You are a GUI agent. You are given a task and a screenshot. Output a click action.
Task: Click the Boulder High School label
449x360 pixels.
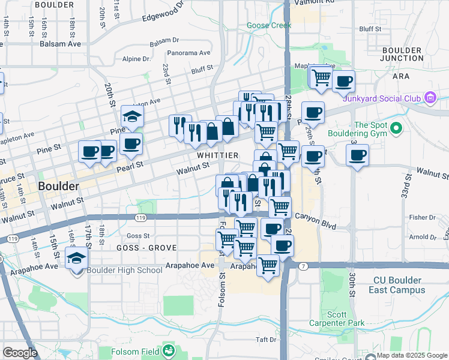click(x=125, y=270)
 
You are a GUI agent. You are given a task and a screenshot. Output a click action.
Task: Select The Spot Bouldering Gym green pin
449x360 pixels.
click(x=396, y=128)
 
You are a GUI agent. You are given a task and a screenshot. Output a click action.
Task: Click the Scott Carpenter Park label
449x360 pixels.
click(x=337, y=319)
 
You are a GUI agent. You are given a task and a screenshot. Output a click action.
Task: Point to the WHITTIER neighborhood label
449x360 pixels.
click(x=217, y=155)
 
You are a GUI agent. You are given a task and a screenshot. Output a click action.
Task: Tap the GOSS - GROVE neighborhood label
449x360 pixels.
click(x=146, y=247)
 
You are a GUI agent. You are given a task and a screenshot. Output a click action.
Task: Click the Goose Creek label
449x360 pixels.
click(x=269, y=25)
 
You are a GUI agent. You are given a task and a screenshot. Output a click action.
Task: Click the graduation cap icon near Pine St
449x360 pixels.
click(x=132, y=115)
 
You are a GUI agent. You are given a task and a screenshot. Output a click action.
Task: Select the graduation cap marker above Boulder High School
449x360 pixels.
click(x=77, y=259)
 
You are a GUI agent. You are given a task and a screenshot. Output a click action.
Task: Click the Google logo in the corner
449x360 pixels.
click(x=20, y=353)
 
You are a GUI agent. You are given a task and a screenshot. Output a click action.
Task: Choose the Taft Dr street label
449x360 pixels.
click(x=265, y=340)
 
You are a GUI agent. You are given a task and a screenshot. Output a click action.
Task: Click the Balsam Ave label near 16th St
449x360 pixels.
click(x=60, y=44)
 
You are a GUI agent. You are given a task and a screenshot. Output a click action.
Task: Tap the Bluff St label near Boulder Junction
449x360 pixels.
click(x=370, y=29)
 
